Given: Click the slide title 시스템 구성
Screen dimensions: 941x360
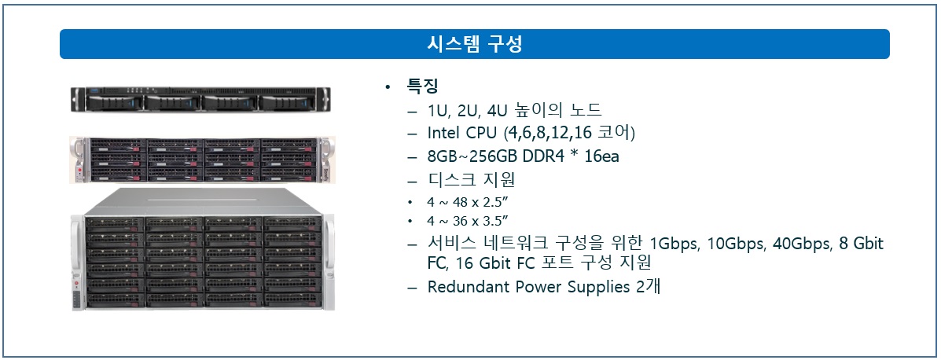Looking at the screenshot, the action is [x=474, y=44].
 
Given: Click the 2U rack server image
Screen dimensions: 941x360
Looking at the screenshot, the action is [x=202, y=160].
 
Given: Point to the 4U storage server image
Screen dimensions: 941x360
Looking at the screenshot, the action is [x=202, y=249].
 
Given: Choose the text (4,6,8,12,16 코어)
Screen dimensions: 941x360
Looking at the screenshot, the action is [x=569, y=133].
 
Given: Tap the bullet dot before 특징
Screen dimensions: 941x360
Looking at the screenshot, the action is [x=388, y=88].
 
